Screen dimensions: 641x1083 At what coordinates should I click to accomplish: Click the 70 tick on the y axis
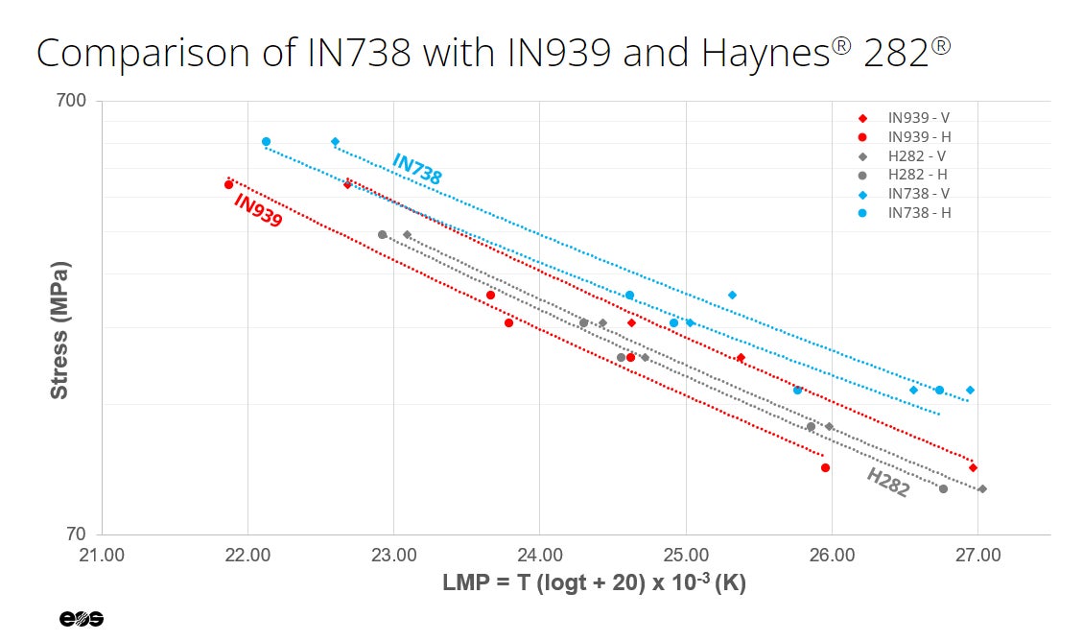pyautogui.click(x=77, y=534)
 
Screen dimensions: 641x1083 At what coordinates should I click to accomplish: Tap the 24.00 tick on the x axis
pyautogui.click(x=539, y=555)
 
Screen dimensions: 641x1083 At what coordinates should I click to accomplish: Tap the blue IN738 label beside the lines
pyautogui.click(x=416, y=170)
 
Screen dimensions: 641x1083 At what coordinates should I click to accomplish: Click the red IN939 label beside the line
pyautogui.click(x=258, y=211)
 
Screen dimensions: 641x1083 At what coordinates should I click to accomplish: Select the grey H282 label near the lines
pyautogui.click(x=887, y=483)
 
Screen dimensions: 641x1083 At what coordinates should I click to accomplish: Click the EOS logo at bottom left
pyautogui.click(x=82, y=619)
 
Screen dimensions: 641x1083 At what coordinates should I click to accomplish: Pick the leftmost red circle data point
pyautogui.click(x=228, y=185)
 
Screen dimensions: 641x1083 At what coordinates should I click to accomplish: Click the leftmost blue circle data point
pyautogui.click(x=266, y=142)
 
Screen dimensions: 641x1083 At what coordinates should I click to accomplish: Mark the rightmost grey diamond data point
pyautogui.click(x=982, y=489)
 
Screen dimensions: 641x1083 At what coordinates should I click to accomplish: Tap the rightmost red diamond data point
pyautogui.click(x=973, y=468)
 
